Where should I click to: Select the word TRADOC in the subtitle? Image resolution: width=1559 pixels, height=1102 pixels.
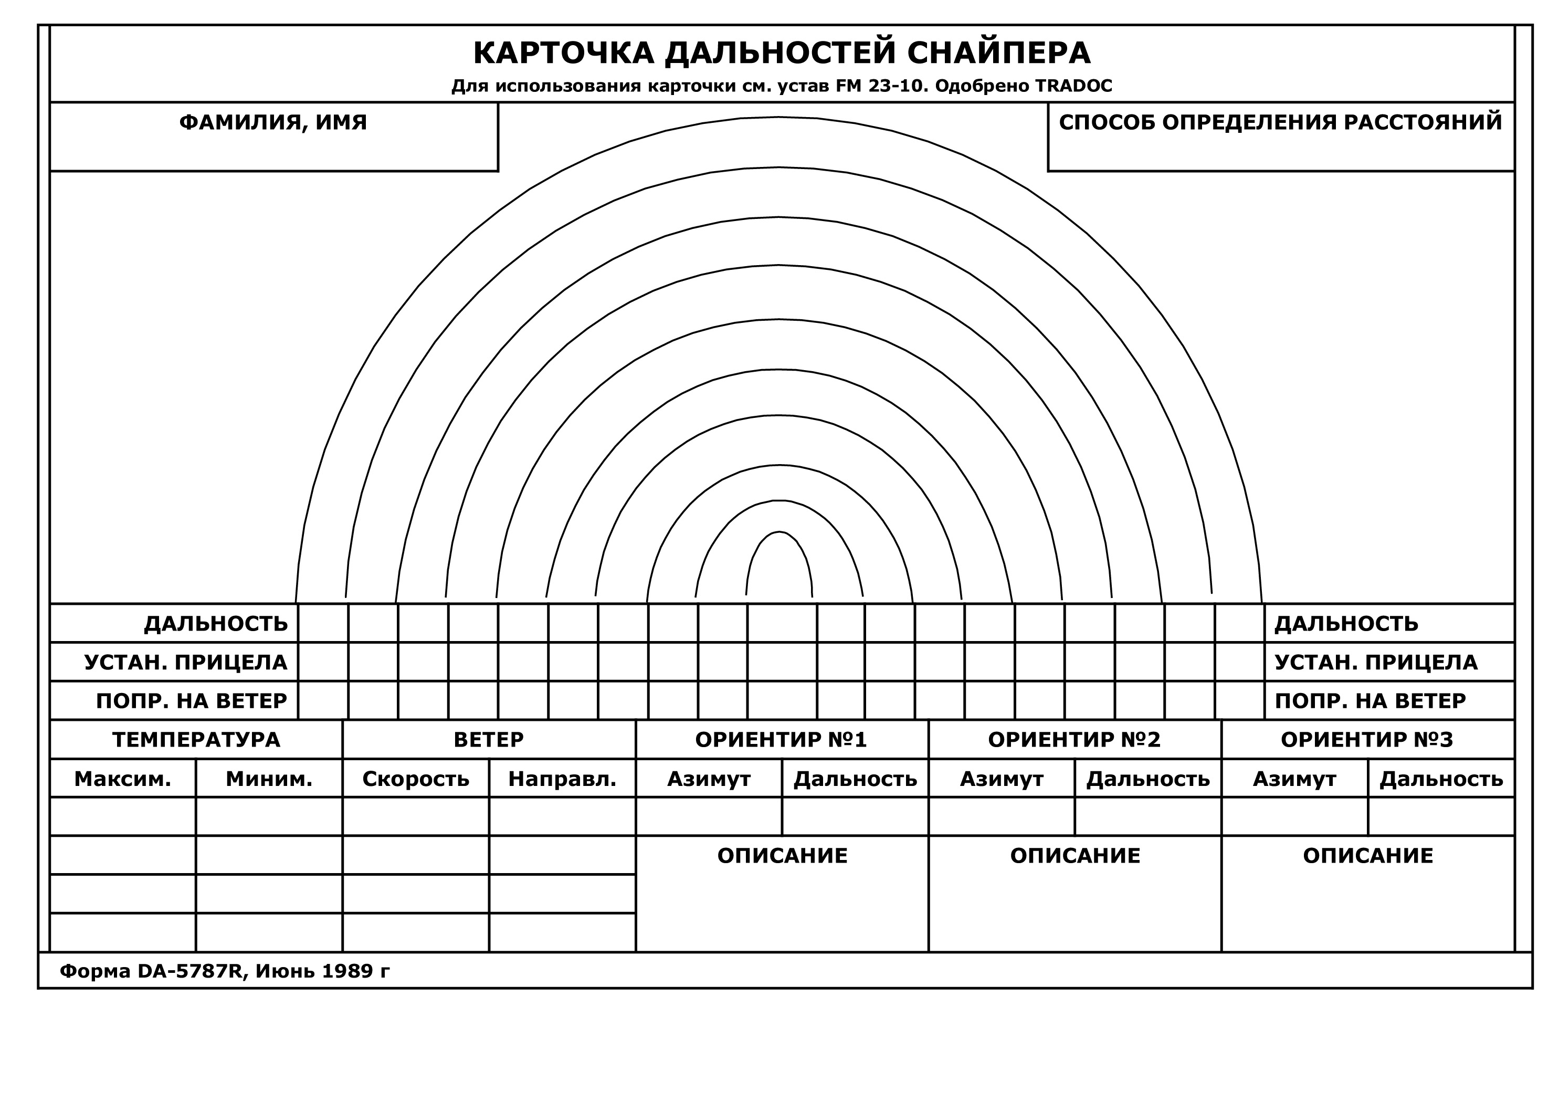(x=1073, y=86)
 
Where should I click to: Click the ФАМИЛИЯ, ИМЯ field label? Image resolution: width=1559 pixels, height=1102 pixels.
(x=273, y=123)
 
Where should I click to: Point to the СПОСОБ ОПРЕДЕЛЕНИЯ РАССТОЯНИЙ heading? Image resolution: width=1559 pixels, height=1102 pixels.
(x=1281, y=123)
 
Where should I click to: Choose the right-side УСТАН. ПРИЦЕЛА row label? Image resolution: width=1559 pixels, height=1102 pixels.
(x=1376, y=663)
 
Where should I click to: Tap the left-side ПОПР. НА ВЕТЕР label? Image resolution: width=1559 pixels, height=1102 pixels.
(x=192, y=701)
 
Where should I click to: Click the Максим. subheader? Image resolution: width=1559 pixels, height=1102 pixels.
(x=122, y=779)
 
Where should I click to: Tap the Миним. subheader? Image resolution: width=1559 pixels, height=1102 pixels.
(x=269, y=779)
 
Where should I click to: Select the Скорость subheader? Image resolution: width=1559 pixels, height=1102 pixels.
(x=416, y=779)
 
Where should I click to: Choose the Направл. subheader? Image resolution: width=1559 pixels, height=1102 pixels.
(x=562, y=779)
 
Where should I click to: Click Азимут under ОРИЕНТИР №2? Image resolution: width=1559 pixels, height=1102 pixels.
(x=1002, y=779)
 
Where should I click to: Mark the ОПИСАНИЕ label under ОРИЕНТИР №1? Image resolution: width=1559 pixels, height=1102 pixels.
(x=782, y=856)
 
